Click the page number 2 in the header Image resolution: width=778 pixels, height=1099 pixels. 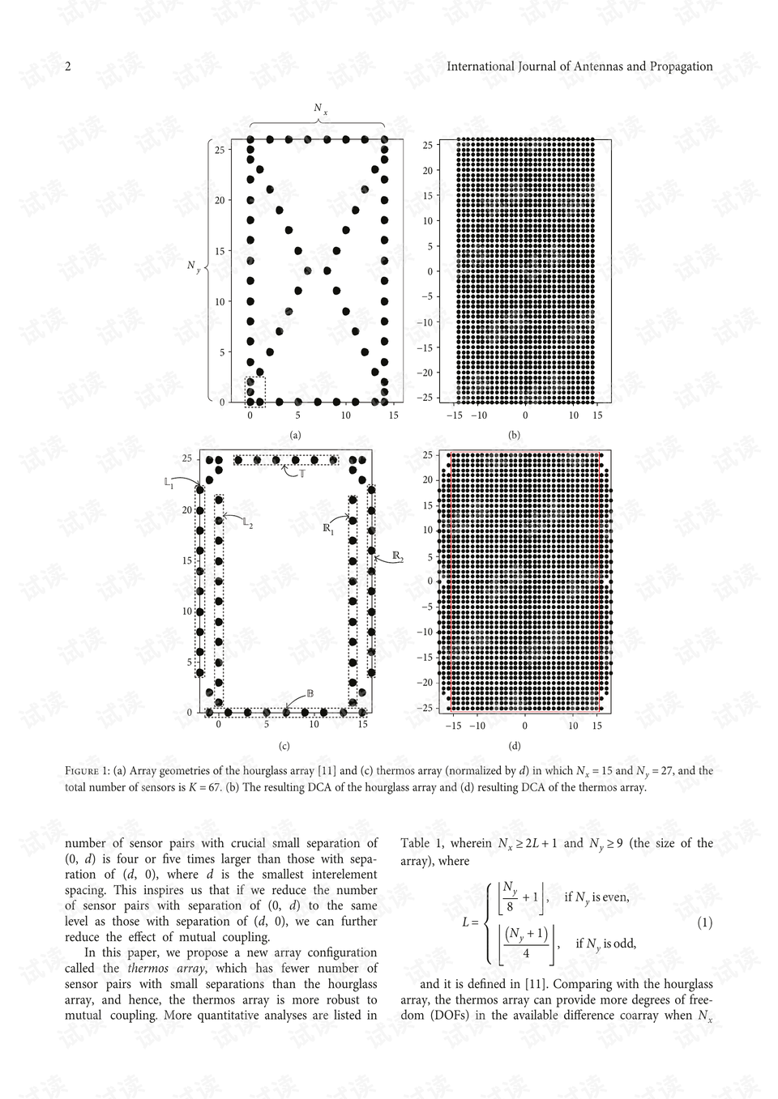tap(68, 66)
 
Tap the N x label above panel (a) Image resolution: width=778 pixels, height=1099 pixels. tap(320, 109)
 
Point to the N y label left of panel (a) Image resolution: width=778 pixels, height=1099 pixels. tap(193, 266)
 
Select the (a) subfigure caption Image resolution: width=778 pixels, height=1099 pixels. tap(296, 435)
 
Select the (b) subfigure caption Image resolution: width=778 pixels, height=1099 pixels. tap(514, 435)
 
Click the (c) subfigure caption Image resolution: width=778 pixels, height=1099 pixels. tap(284, 746)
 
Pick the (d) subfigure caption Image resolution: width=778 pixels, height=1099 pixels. tap(514, 746)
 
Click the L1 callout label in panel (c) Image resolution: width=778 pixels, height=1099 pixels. tap(169, 483)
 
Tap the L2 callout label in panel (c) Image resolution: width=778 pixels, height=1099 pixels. tap(248, 524)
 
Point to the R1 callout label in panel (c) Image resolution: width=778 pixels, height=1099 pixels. tap(328, 529)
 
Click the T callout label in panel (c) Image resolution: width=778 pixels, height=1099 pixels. tap(301, 473)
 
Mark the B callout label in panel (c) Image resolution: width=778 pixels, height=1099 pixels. tap(310, 694)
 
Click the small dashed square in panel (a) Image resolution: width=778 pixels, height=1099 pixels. tap(255, 391)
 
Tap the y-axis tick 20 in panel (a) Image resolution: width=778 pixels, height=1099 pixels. tap(220, 200)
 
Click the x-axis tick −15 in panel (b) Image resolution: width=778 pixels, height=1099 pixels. tap(455, 415)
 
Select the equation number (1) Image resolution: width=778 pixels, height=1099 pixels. tap(704, 922)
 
